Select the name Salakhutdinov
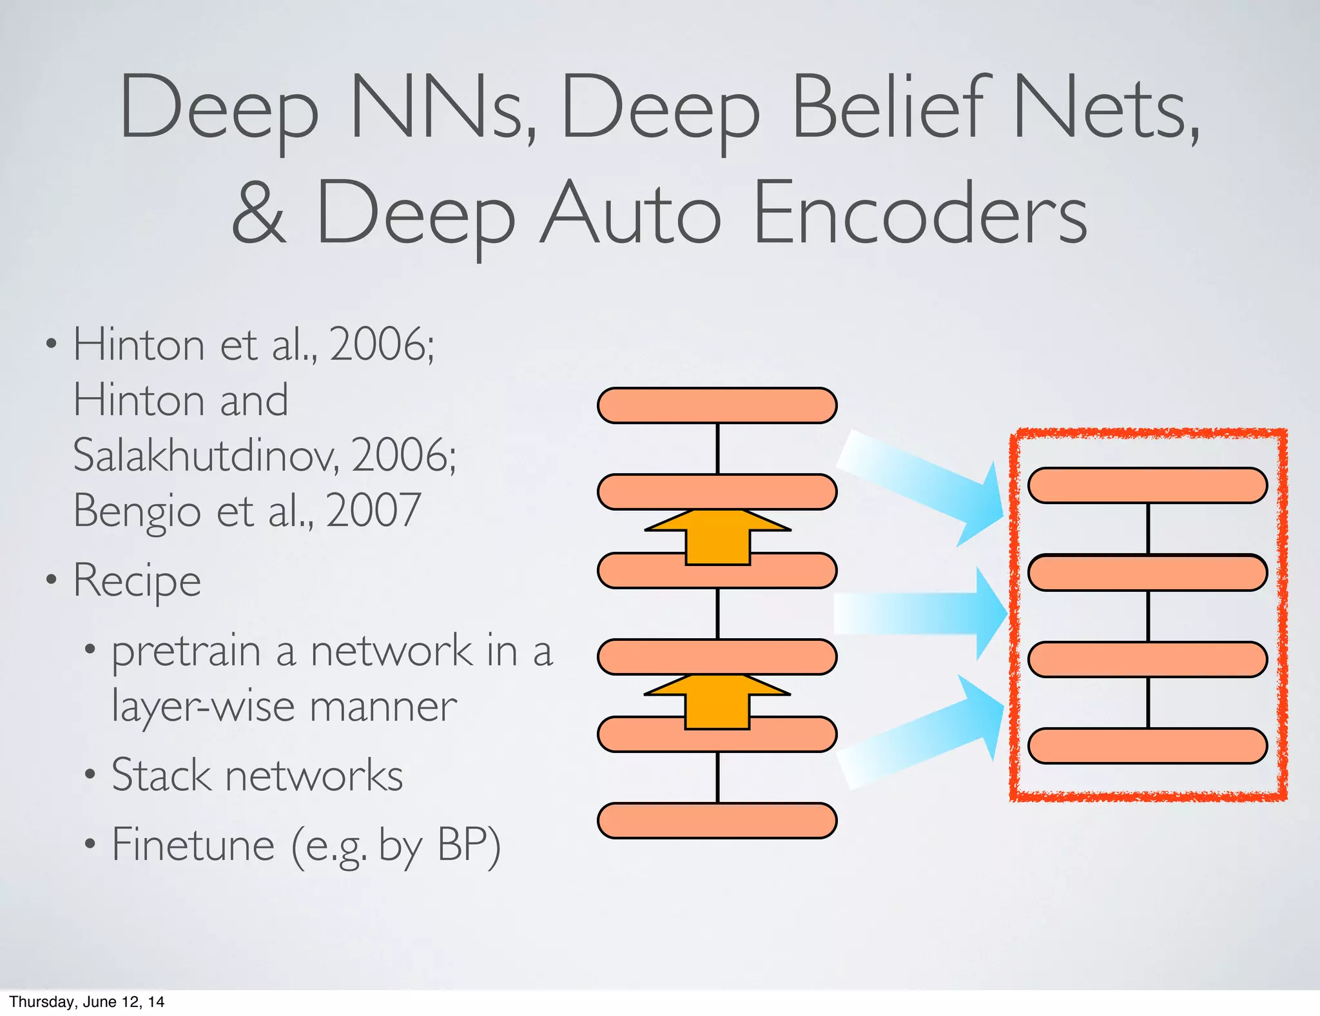coord(205,456)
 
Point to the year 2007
coord(374,511)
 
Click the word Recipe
coord(137,580)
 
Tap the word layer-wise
coord(203,707)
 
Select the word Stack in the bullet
coord(160,776)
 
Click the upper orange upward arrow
coord(717,536)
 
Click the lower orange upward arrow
coord(717,701)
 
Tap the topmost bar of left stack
coord(717,405)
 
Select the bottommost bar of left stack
coord(717,821)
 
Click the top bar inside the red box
coord(1147,485)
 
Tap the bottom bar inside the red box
coord(1147,746)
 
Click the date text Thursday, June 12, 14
coord(87,1002)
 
